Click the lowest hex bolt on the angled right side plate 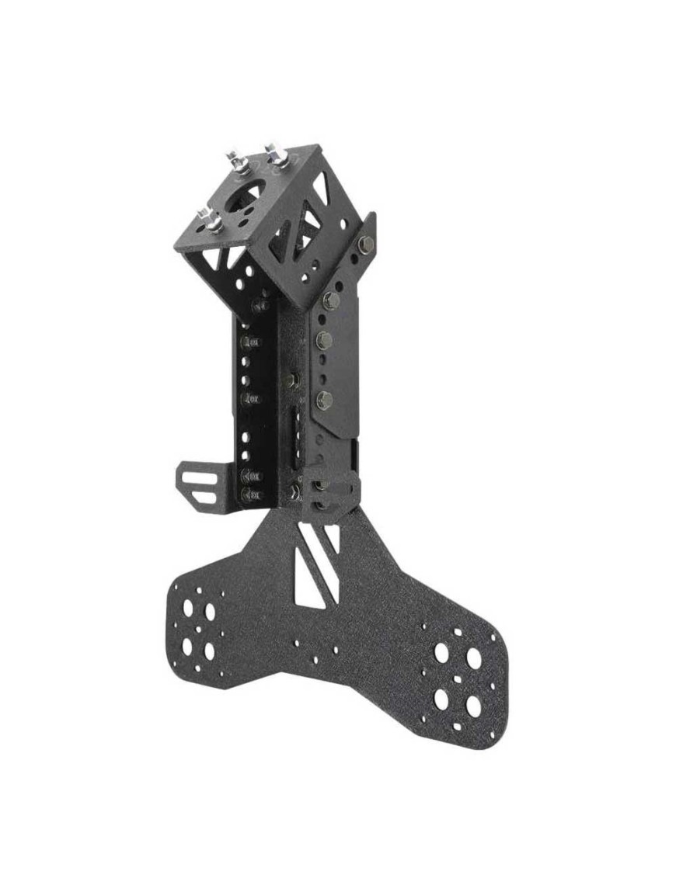tap(325, 401)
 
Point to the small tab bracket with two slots tap(200, 481)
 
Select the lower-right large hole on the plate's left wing tap(209, 651)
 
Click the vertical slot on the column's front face tap(296, 439)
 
